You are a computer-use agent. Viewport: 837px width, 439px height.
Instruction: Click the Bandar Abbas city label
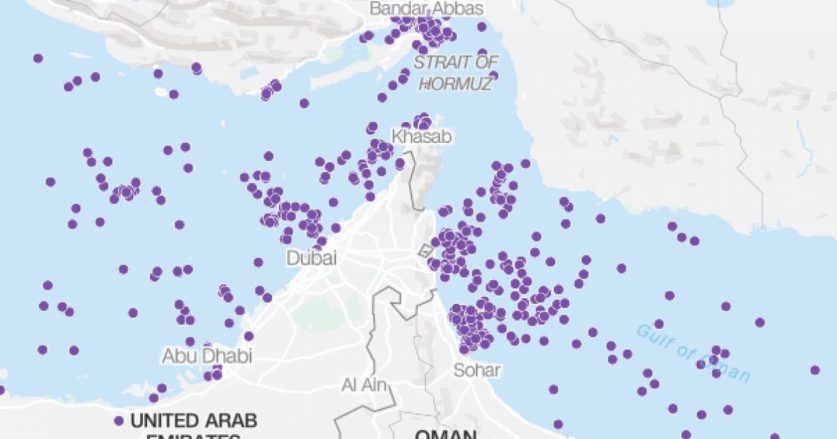pos(426,8)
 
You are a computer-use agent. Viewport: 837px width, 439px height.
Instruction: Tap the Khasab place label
pos(421,137)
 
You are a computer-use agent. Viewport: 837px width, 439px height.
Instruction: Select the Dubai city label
pos(312,258)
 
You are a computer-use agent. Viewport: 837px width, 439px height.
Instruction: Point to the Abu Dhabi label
pos(207,356)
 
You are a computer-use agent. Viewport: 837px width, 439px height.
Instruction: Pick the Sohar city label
pos(477,370)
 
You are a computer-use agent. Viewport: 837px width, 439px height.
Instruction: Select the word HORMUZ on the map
pos(457,83)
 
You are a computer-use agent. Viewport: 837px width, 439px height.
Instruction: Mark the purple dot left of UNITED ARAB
pos(119,421)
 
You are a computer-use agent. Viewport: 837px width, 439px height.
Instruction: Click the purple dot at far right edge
pos(815,370)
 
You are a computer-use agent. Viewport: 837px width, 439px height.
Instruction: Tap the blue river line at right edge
pos(804,150)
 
